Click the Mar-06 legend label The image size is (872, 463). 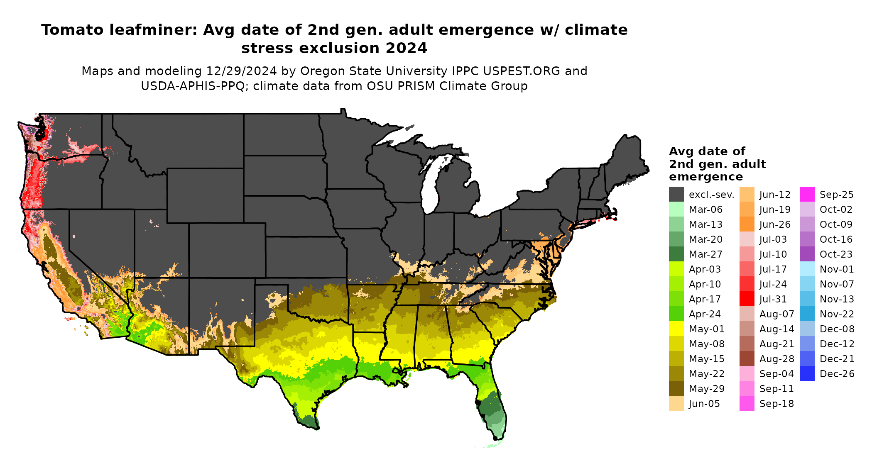pos(705,210)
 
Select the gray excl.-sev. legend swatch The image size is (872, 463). pos(676,195)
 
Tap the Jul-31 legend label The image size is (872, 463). pos(773,299)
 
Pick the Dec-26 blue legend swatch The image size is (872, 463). pos(807,374)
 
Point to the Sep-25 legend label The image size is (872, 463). pos(836,195)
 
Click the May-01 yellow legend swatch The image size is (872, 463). pos(676,329)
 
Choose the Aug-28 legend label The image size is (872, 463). pos(776,359)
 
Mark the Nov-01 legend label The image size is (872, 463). pos(837,269)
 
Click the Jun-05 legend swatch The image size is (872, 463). pos(676,404)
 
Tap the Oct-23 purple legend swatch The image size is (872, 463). pos(807,254)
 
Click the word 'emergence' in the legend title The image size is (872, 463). pos(706,177)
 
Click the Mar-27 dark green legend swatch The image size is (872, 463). pos(676,254)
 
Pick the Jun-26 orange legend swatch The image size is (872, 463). pos(747,224)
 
